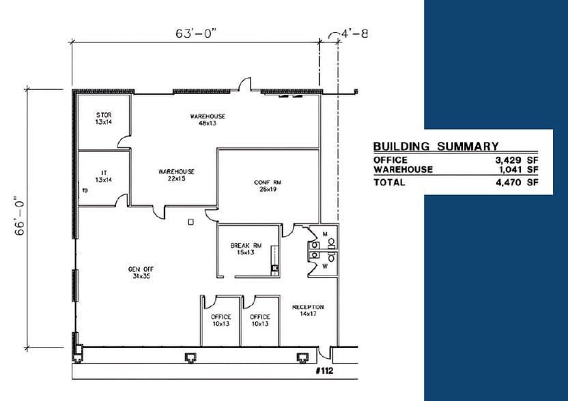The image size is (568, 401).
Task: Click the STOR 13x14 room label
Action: point(104,119)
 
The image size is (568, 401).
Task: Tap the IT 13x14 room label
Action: point(104,176)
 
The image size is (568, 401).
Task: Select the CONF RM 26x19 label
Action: point(268,185)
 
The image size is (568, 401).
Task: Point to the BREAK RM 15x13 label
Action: point(246,249)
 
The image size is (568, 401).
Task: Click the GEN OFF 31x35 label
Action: point(141,273)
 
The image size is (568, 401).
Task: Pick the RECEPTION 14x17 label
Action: point(309,310)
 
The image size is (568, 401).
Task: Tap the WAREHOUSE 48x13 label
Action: point(208,119)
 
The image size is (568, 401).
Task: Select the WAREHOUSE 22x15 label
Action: point(176,175)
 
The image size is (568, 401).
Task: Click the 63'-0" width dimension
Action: point(196,33)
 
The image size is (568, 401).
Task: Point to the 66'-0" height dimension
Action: point(20,216)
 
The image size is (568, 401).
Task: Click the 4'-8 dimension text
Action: point(354,33)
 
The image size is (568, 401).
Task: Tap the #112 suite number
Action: point(324,370)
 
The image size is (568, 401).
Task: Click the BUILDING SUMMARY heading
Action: point(436,146)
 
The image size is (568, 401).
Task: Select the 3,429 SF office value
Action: point(517,160)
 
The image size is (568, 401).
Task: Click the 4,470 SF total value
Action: point(517,182)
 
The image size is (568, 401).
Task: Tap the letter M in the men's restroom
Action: point(325,234)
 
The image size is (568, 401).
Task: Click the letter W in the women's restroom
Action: point(325,267)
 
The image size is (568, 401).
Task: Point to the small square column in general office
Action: point(191,222)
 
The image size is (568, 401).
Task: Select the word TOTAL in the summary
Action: point(389,182)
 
